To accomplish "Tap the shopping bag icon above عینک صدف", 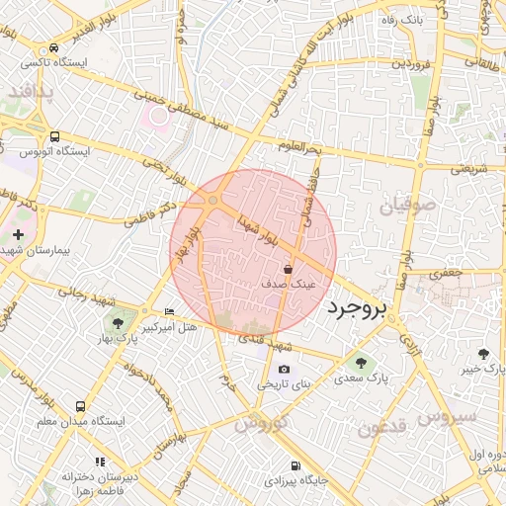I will (x=288, y=268).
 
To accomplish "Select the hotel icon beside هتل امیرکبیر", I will (x=169, y=312).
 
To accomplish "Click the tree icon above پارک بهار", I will (x=118, y=322).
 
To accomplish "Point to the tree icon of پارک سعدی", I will (x=359, y=363).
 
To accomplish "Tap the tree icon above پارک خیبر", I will (x=482, y=354).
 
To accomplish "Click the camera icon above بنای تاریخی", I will (x=285, y=369).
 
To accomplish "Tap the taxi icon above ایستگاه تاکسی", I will (x=51, y=47).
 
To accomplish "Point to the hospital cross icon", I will (x=18, y=234).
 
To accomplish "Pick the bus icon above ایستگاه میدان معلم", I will (x=79, y=406).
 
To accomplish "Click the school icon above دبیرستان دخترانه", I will (x=99, y=462).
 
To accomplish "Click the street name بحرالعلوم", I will (x=301, y=148).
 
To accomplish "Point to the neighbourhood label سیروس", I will (x=447, y=416).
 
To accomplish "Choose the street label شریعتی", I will (x=470, y=168).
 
